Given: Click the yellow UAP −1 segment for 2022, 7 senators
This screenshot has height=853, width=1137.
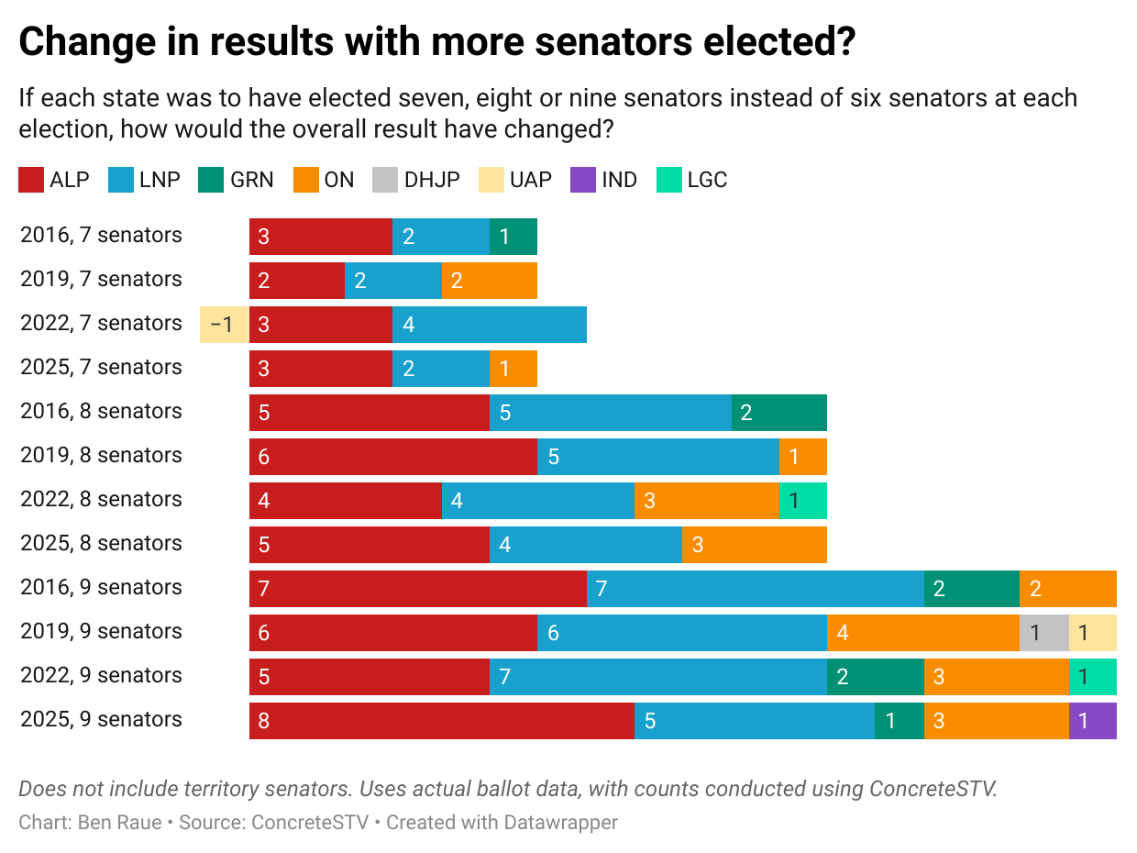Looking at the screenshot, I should click(x=224, y=325).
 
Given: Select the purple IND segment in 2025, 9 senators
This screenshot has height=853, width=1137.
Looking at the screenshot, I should click(x=1092, y=721).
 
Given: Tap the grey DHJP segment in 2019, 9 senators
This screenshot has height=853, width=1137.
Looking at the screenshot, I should click(x=1043, y=633).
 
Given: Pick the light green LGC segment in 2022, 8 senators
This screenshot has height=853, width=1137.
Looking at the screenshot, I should click(x=802, y=501).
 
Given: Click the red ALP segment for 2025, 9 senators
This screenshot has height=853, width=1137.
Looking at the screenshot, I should click(x=441, y=721).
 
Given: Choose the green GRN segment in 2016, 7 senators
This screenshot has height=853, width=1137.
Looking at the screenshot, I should click(x=513, y=237).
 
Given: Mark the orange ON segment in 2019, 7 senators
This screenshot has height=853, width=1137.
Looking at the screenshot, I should click(x=489, y=281).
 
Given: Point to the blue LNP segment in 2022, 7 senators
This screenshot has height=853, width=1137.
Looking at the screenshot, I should click(x=489, y=325).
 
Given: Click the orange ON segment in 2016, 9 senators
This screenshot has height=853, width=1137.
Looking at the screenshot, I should click(x=1067, y=589).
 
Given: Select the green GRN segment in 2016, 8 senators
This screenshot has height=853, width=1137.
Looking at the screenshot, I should click(x=778, y=413).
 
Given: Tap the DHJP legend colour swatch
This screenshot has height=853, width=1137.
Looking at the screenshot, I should click(x=385, y=180).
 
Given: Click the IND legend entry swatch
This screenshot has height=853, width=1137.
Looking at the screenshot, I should click(x=583, y=180).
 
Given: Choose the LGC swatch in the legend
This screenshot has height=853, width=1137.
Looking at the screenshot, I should click(x=669, y=180).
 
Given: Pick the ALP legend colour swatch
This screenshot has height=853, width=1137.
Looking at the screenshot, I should click(x=31, y=180).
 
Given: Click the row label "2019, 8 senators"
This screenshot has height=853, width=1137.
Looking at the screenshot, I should click(x=101, y=456).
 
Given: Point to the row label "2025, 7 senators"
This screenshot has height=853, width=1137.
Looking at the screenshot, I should click(x=101, y=368).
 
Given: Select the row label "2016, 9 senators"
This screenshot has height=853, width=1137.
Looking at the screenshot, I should click(x=101, y=588).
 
